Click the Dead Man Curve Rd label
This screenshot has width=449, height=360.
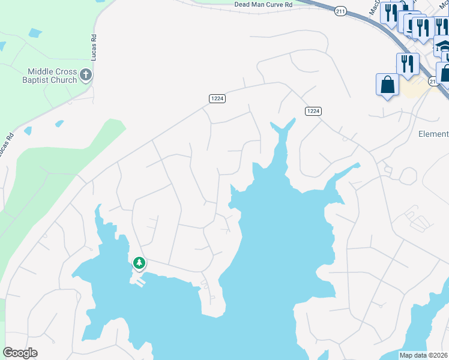click(263, 4)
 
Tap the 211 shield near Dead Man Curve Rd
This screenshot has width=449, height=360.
click(341, 10)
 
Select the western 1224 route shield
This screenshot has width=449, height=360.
click(217, 98)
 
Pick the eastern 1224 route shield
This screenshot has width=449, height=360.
click(313, 111)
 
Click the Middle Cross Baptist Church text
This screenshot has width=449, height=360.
click(41, 76)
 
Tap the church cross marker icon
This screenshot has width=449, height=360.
click(86, 75)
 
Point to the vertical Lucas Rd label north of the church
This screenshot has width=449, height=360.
click(94, 46)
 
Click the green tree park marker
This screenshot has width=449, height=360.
click(139, 263)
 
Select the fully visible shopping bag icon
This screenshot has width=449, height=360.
click(388, 85)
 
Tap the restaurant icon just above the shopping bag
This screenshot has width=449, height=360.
click(408, 64)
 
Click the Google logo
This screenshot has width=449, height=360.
click(20, 353)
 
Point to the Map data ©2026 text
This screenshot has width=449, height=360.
click(423, 355)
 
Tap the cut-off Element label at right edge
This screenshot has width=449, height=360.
click(433, 134)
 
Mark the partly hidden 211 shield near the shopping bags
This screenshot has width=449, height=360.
click(433, 81)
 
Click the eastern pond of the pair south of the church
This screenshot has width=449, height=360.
click(59, 124)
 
